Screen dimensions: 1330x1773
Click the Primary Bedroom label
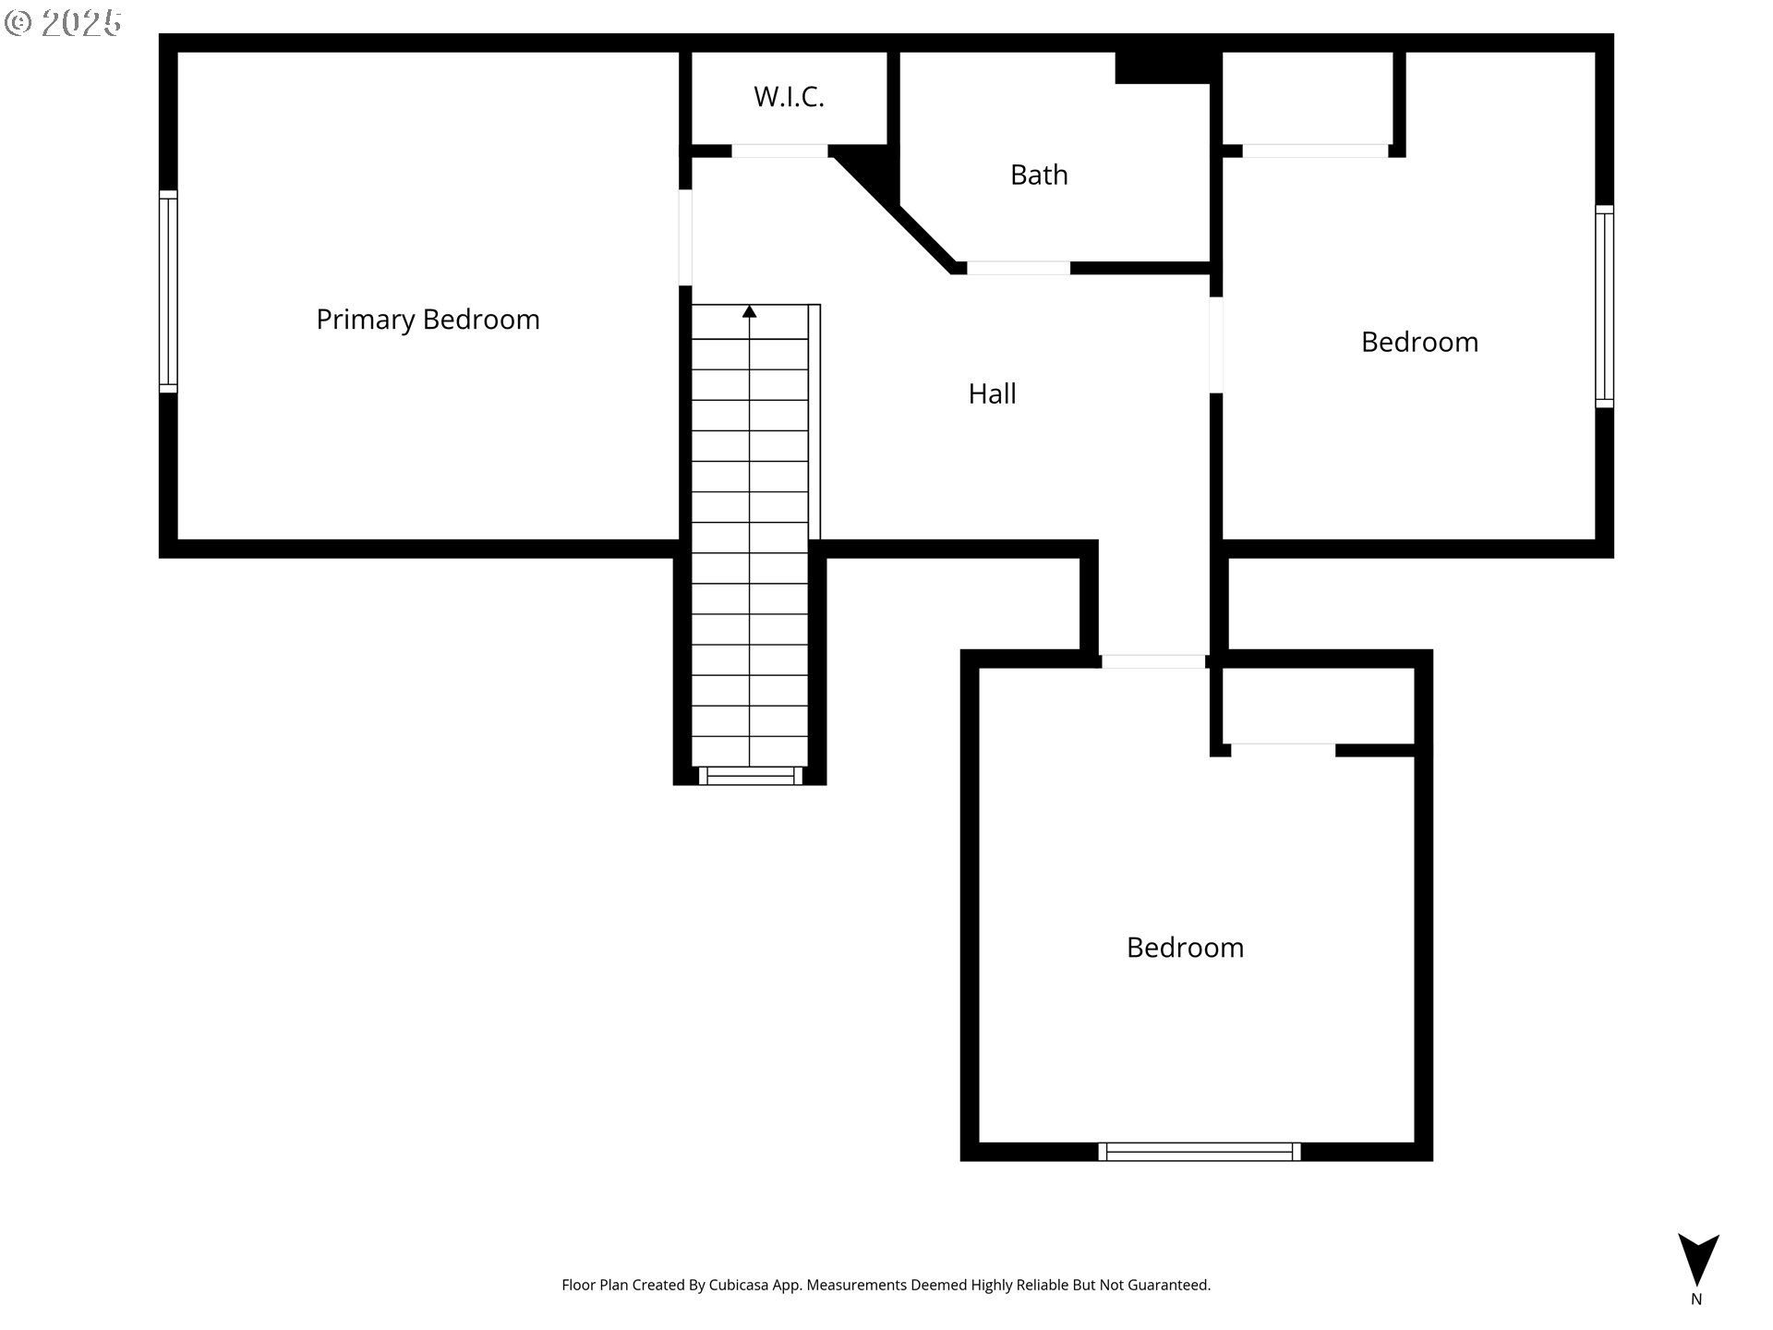click(428, 320)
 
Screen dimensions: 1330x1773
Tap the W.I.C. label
click(789, 97)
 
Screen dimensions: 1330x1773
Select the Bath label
click(1039, 175)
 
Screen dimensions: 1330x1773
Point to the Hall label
click(992, 393)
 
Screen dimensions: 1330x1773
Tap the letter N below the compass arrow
click(1696, 1299)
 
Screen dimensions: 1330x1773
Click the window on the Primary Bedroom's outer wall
click(168, 292)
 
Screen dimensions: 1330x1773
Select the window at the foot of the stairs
click(750, 777)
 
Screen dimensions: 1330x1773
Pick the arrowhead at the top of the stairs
click(750, 312)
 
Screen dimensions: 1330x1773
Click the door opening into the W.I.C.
click(779, 151)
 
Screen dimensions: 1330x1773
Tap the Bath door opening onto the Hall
click(1018, 268)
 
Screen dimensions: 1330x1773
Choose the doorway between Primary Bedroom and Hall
click(685, 237)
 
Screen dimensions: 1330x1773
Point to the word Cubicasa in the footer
click(739, 1285)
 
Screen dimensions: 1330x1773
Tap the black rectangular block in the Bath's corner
click(1164, 67)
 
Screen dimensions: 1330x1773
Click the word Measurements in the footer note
click(857, 1285)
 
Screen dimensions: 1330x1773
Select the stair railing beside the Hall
click(814, 421)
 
